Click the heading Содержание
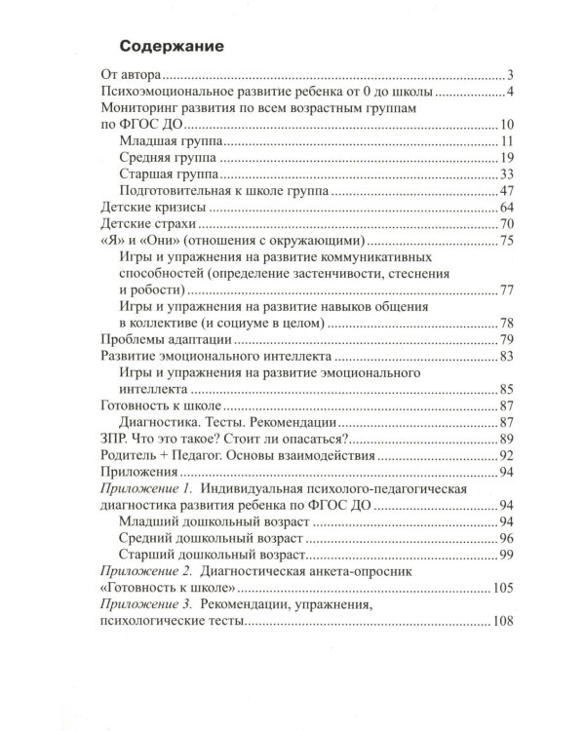click(170, 45)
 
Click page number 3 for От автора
click(510, 75)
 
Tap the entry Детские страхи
click(147, 225)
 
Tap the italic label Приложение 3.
click(144, 605)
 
